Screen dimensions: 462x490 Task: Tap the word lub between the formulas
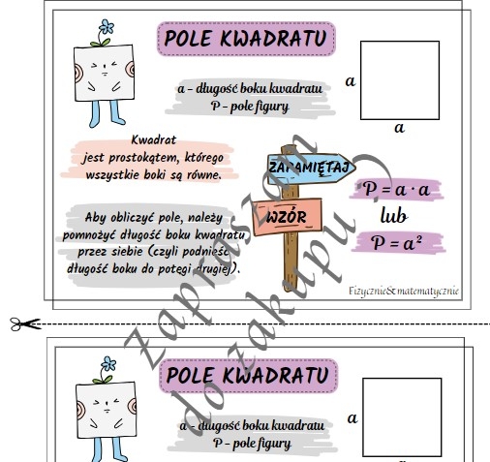396,215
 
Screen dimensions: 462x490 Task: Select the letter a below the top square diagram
398,126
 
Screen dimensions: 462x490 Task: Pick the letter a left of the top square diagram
350,80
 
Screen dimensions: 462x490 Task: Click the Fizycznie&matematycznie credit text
403,290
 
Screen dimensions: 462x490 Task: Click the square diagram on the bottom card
398,416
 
